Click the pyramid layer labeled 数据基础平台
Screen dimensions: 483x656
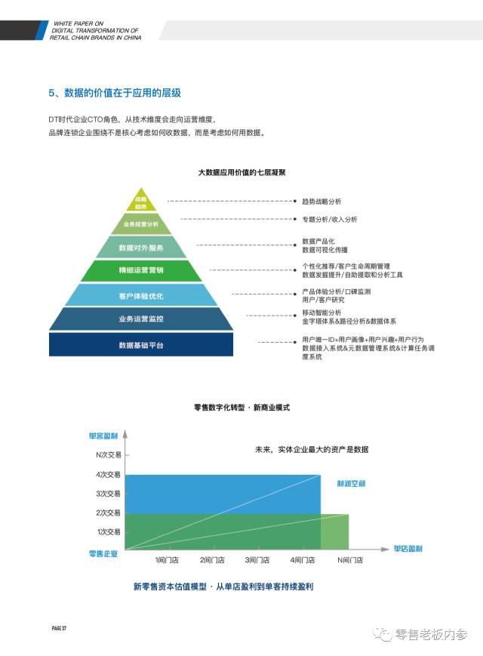(141, 344)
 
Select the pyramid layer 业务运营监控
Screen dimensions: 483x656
(141, 319)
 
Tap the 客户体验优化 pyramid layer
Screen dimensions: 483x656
(141, 295)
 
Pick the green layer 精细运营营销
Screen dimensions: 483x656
(141, 270)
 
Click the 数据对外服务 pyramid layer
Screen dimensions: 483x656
(141, 247)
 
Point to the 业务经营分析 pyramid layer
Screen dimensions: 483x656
(141, 224)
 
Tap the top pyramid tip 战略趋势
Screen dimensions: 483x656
(141, 202)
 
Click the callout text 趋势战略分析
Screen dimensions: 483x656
(321, 202)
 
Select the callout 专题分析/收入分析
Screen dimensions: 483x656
(330, 219)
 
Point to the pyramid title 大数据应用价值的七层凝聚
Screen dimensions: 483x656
(241, 173)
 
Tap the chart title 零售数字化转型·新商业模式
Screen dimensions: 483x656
(241, 407)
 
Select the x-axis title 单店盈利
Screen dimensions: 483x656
(408, 549)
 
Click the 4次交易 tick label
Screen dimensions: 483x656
(108, 475)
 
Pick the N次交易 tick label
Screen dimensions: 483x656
(108, 455)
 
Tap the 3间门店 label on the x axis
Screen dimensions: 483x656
(257, 560)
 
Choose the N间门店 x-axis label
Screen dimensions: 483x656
(349, 560)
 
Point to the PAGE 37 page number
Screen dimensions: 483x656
(60, 628)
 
